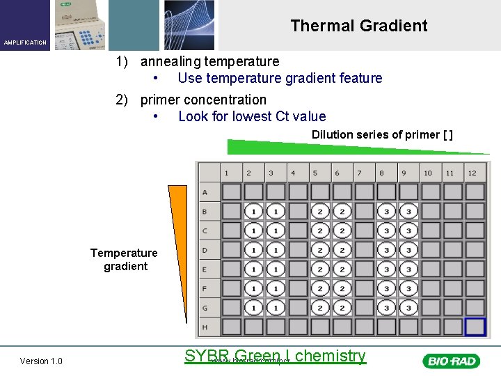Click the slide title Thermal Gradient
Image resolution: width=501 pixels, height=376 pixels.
[x=358, y=26]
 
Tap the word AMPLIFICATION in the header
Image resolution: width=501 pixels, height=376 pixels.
[x=25, y=42]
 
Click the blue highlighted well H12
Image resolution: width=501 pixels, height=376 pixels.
[x=475, y=327]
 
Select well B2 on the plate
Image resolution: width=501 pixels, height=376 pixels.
[x=254, y=211]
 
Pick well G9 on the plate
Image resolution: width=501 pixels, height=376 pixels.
[x=408, y=307]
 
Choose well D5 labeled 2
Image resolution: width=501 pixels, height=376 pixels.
[x=320, y=249]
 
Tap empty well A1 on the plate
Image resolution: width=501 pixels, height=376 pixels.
[x=232, y=191]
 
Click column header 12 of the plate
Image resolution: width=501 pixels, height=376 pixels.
[x=472, y=173]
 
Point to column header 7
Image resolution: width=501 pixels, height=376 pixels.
[x=359, y=173]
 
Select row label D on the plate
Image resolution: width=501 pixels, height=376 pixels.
[x=205, y=249]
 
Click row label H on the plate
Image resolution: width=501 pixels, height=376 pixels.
[x=205, y=327]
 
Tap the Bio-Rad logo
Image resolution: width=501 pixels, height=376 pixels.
[x=450, y=361]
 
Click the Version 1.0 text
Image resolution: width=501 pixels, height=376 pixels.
[x=41, y=361]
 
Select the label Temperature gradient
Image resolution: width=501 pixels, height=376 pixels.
[x=125, y=259]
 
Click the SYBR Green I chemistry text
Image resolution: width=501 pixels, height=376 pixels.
[x=275, y=356]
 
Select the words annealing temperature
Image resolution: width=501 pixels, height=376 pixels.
[x=209, y=61]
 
